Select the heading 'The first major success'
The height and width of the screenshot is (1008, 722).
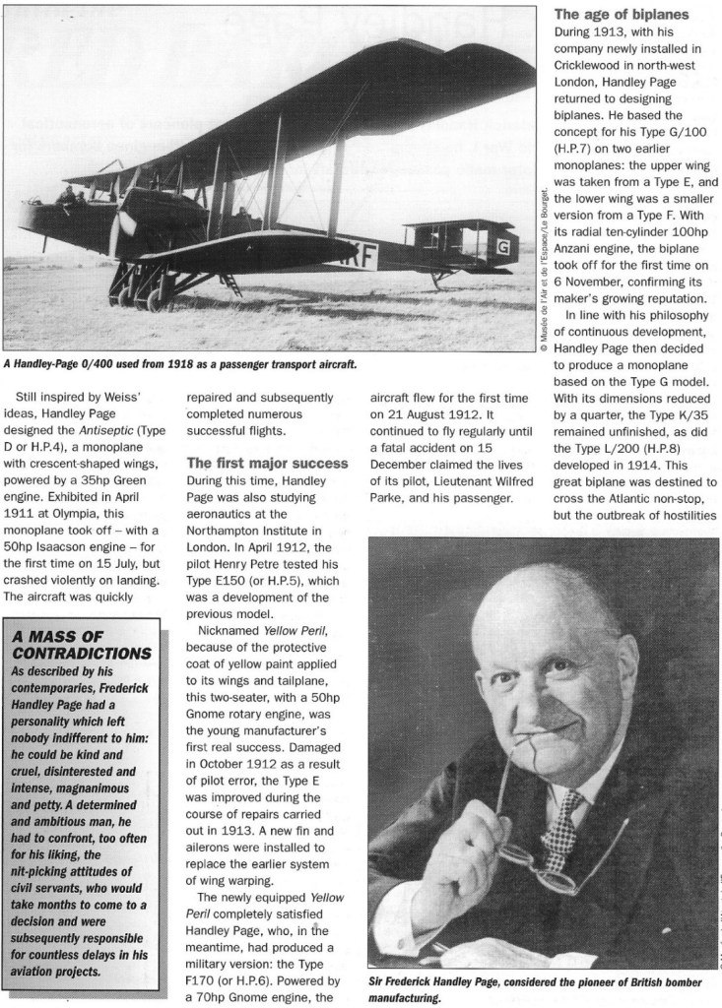pyautogui.click(x=266, y=463)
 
